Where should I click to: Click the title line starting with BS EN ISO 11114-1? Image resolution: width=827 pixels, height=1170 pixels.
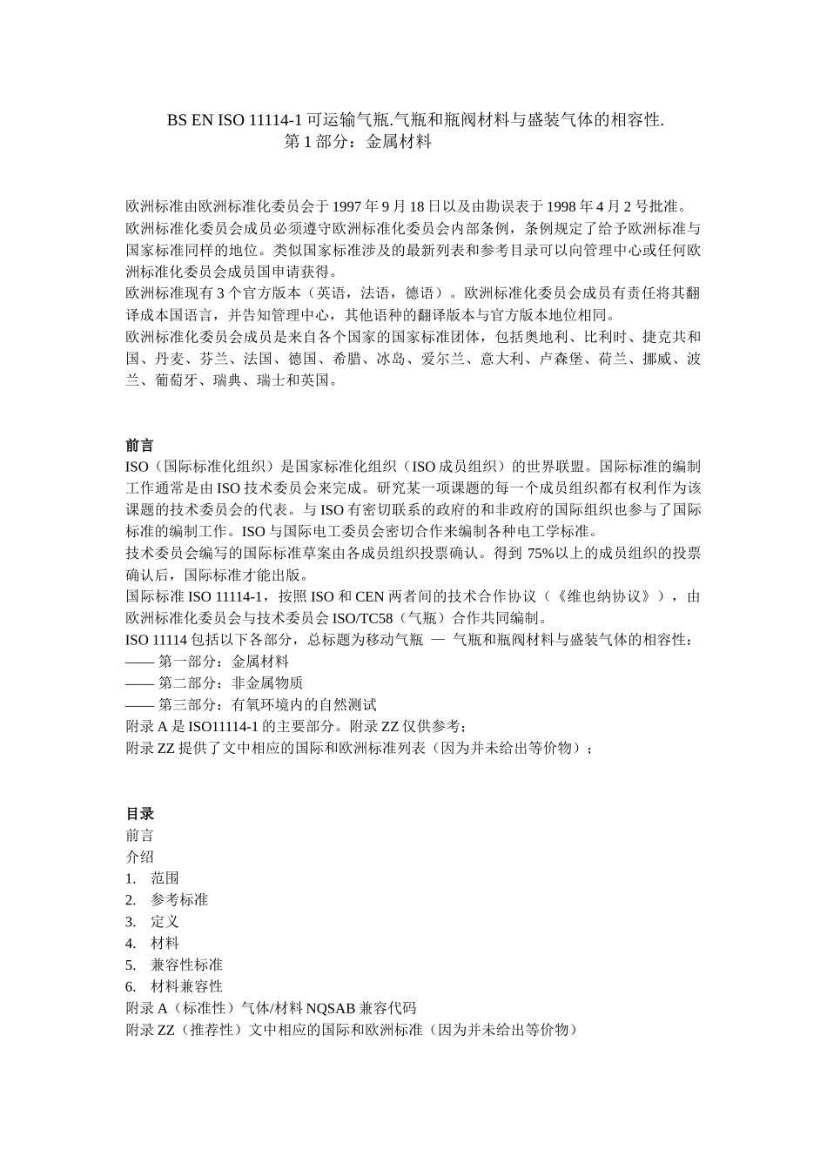[x=415, y=120]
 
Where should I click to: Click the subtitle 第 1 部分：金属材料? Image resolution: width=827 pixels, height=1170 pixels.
[x=358, y=142]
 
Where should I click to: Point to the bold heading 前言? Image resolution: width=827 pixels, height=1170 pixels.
[x=139, y=445]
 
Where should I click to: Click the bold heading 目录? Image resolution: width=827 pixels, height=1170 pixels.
[x=139, y=813]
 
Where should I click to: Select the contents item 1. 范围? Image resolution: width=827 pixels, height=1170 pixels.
[x=153, y=878]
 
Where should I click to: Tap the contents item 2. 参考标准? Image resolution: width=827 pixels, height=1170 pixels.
[x=167, y=900]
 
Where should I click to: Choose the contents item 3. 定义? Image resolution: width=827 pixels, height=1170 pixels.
[x=153, y=922]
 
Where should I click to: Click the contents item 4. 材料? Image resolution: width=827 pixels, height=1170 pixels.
[x=153, y=944]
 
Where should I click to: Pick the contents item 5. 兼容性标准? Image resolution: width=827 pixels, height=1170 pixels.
[x=174, y=965]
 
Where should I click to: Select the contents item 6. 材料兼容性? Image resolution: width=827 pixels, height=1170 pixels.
[x=174, y=986]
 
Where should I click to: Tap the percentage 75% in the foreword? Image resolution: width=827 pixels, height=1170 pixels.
[x=542, y=554]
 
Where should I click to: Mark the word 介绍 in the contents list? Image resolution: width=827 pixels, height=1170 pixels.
[x=139, y=857]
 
